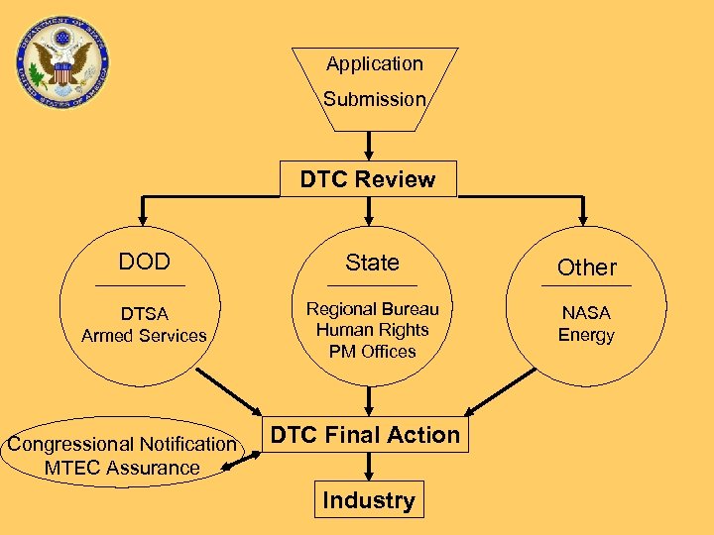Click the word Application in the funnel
pos(374,64)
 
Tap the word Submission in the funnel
pos(374,99)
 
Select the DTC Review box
pos(368,179)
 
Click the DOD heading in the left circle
pos(145,262)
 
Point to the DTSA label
pos(145,314)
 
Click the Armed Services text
pos(145,336)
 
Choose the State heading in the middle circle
pos(372,263)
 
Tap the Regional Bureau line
pos(372,308)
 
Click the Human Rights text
pos(372,330)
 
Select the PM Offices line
pos(372,352)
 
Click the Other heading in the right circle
pos(586,267)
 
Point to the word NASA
pos(586,313)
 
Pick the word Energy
pos(586,335)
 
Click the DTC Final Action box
pos(366,435)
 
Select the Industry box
pos(368,500)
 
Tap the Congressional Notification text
pos(122,445)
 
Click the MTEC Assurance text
pos(122,468)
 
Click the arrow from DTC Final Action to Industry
pos(368,467)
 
